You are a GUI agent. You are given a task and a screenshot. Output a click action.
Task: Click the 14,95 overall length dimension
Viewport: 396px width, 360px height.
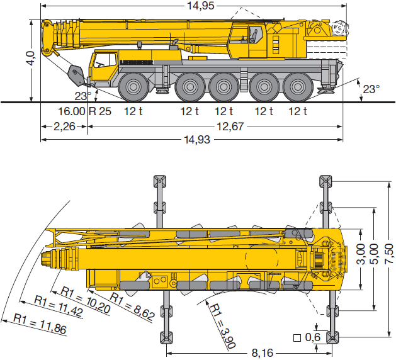(201, 6)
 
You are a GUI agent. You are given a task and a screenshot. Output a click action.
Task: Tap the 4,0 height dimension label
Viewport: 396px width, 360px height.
(31, 58)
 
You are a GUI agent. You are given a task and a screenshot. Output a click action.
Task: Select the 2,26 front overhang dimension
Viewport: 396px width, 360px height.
(64, 127)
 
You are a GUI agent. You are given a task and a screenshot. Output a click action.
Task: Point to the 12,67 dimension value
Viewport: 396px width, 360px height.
(230, 127)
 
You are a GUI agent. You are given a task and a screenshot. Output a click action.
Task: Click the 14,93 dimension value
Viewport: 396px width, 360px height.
(197, 139)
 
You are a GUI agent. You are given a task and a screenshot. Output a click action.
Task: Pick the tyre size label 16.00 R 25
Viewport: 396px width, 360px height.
(84, 111)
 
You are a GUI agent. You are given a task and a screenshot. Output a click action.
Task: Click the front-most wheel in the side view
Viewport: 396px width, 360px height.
(133, 87)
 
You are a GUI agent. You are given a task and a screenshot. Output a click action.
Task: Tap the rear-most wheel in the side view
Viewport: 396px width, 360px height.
(298, 87)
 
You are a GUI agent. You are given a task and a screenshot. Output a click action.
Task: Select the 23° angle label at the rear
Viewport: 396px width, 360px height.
(371, 89)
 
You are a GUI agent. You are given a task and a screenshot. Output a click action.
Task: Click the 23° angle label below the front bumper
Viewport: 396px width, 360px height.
(83, 96)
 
